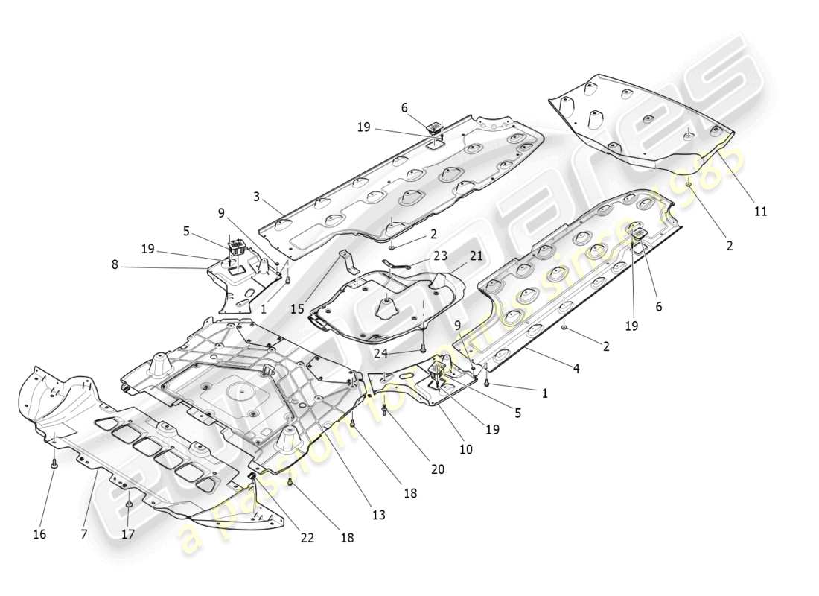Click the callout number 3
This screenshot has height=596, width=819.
pos(256,197)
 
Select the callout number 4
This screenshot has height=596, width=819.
pos(577,368)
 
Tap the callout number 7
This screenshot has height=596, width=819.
pos(84,534)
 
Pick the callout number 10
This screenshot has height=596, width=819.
pos(466,450)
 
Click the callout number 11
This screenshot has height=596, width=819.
pos(760,212)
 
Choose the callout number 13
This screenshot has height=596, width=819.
pos(379,516)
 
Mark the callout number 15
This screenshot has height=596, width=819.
pos(297,308)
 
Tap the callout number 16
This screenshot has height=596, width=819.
pos(39,534)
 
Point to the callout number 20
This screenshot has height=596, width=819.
pos(437,469)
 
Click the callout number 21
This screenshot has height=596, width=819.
pos(476,256)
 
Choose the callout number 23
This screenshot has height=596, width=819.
pos(440,255)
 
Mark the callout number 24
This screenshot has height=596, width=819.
pos(380,353)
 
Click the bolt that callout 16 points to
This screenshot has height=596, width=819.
pos(55,464)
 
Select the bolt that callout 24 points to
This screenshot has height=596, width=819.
pos(423,347)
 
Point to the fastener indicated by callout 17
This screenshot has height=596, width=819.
pos(129,505)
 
